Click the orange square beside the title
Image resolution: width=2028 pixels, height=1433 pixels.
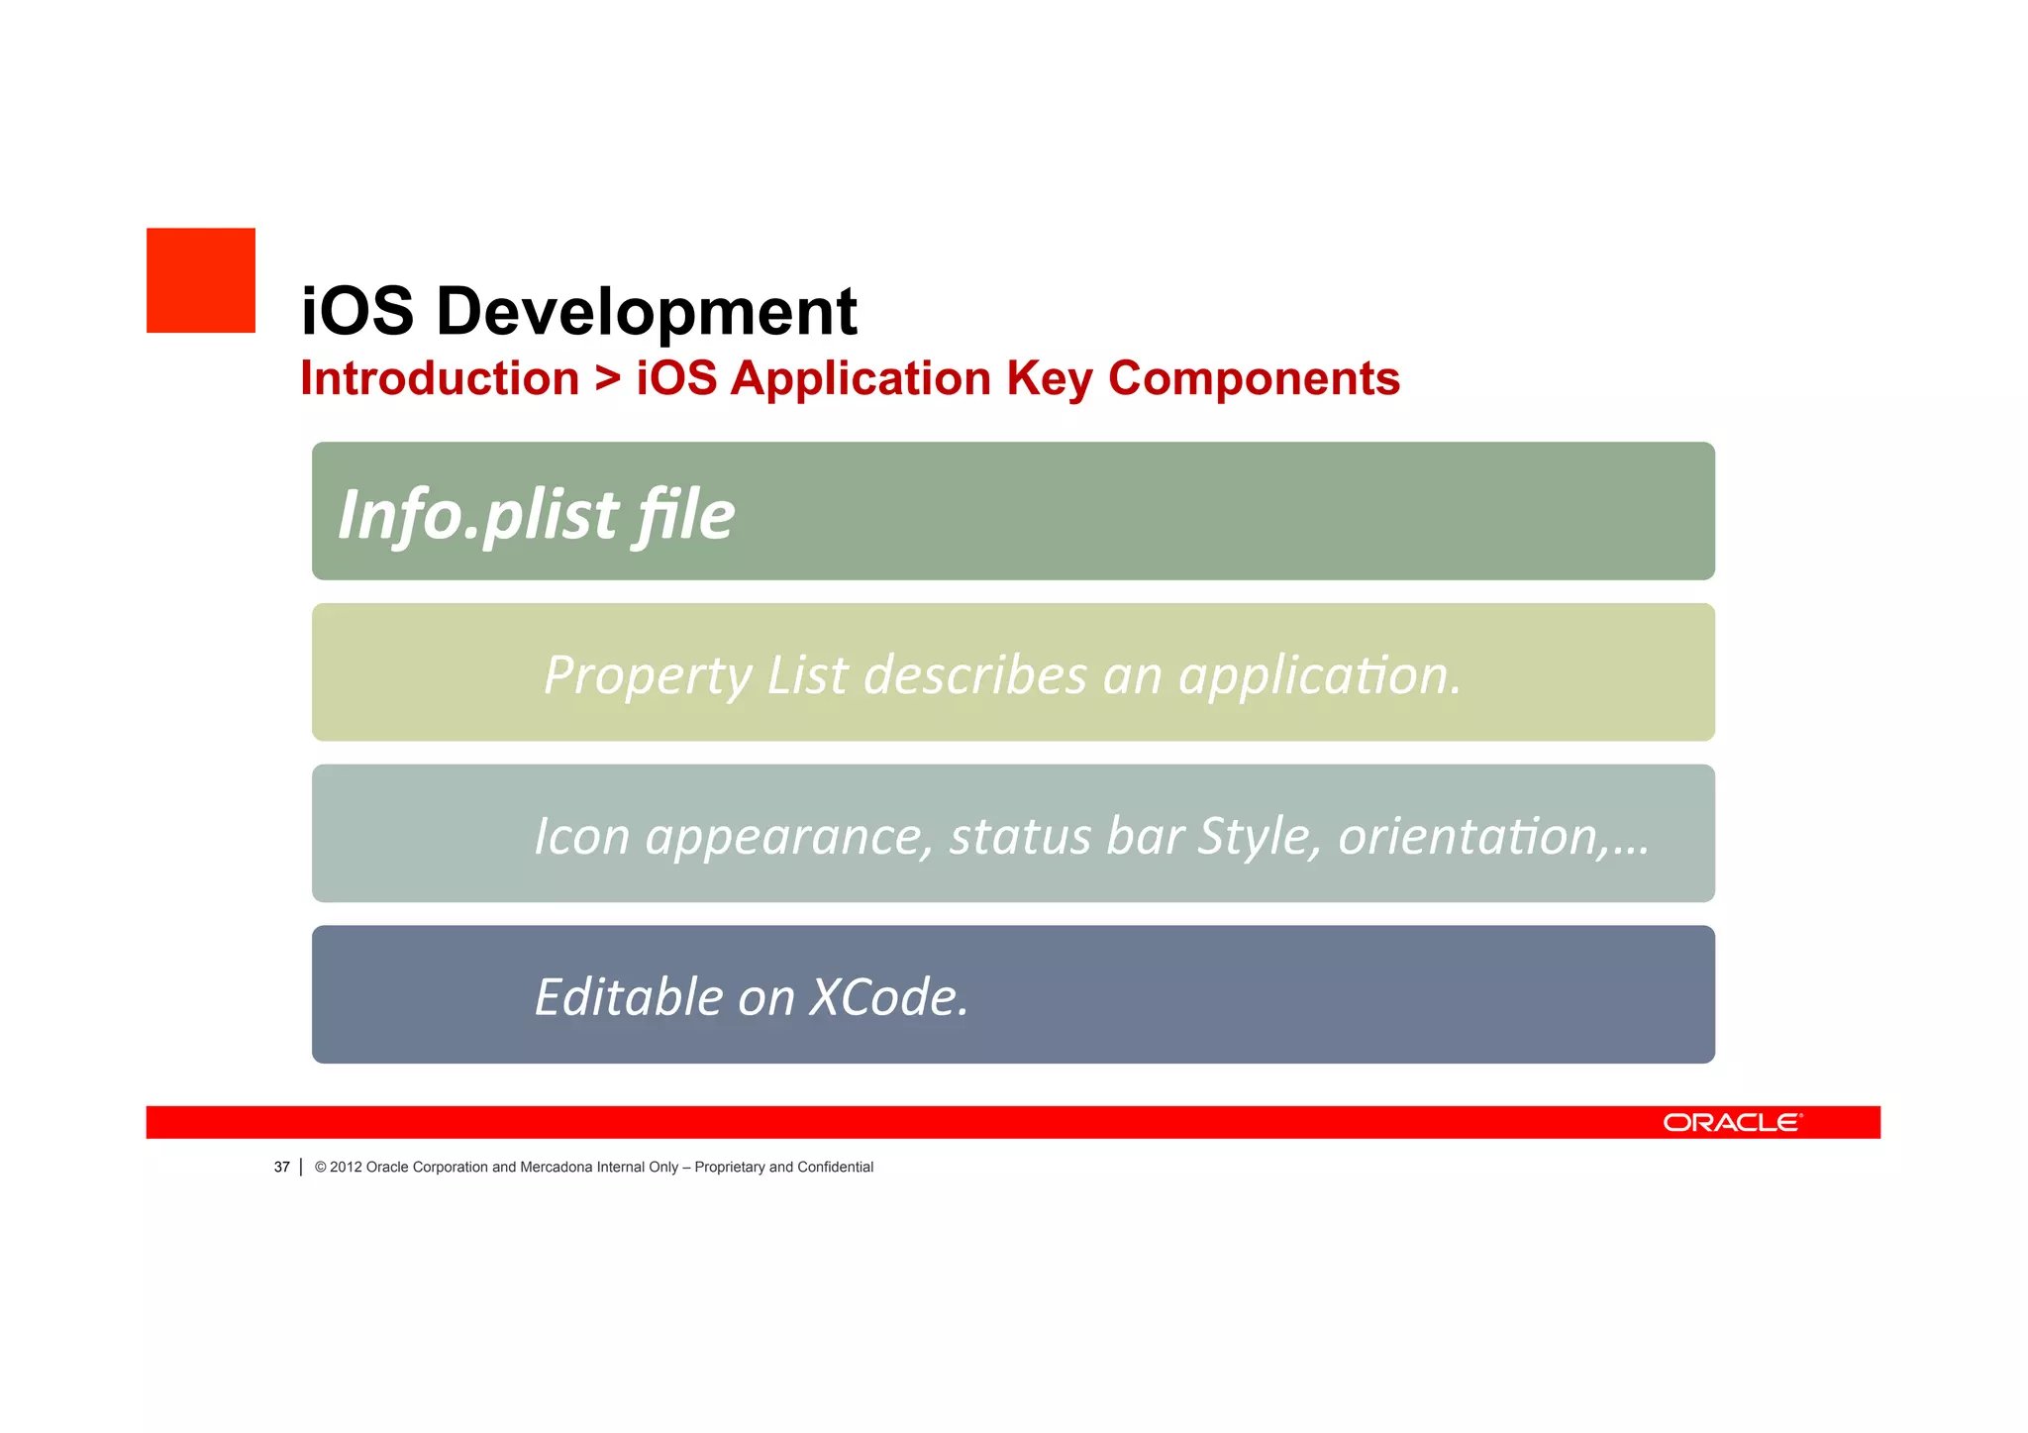[201, 280]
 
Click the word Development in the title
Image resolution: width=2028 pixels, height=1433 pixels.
[646, 311]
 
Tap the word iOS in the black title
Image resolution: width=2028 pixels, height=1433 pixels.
[356, 311]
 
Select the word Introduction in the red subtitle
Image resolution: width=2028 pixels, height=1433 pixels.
[440, 378]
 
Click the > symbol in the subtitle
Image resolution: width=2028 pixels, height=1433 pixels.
[608, 378]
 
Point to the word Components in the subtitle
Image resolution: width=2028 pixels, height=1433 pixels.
[1254, 378]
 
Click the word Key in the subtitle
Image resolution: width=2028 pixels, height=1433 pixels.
[1049, 378]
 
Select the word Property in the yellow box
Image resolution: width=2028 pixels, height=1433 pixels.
[648, 676]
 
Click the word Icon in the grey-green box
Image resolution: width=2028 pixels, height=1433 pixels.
[581, 836]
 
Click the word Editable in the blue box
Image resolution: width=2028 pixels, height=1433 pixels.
[629, 996]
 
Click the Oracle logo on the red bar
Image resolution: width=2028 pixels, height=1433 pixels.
[1732, 1122]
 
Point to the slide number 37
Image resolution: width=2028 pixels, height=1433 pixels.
[281, 1167]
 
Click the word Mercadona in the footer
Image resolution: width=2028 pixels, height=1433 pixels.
[556, 1167]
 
